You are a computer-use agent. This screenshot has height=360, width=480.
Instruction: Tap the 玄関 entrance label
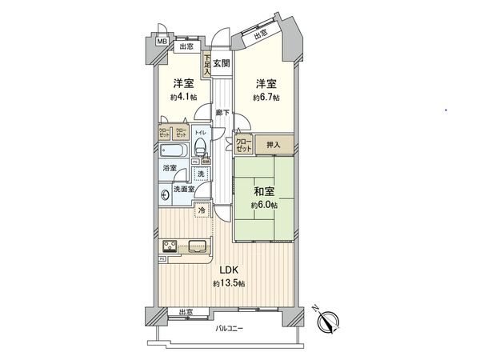pos(221,64)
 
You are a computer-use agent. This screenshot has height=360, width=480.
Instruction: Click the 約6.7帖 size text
pos(266,98)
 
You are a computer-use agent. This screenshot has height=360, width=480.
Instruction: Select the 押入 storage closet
pos(274,145)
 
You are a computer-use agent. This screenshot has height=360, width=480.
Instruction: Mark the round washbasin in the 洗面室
pos(166,194)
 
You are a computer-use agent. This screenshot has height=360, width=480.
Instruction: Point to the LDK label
pos(223,271)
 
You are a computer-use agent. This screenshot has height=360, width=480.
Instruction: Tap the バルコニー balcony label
pos(230,329)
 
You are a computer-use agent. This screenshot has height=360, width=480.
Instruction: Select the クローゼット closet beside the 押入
pos(243,145)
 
